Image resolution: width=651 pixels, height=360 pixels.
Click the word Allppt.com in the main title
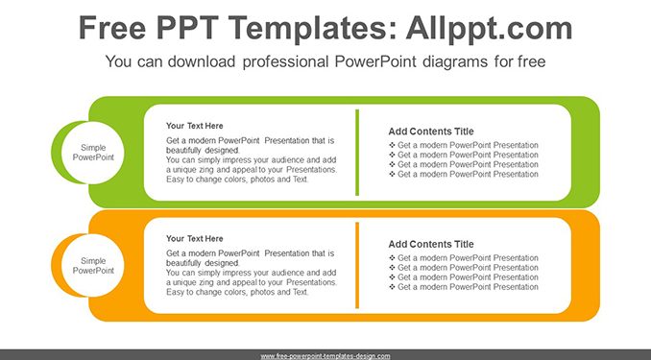point(489,28)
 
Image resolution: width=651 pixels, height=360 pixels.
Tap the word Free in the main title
point(112,28)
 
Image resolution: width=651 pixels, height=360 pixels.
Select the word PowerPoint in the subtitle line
point(374,61)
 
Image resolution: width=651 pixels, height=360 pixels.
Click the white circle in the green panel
point(92,153)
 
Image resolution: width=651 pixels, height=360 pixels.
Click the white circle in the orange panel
point(92,265)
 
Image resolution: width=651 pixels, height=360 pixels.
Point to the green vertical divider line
point(357,153)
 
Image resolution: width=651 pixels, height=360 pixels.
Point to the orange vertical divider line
point(357,265)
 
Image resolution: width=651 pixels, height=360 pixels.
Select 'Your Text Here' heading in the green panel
point(194,126)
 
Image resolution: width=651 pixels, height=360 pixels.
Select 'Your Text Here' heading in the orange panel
point(194,239)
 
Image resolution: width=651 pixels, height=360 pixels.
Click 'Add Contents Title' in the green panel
point(431,132)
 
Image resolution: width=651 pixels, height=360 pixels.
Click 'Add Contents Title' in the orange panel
point(431,244)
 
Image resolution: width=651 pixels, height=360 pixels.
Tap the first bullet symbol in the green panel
point(392,145)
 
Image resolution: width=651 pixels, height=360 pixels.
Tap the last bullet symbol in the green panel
point(392,174)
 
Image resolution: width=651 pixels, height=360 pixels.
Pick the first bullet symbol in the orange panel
point(392,258)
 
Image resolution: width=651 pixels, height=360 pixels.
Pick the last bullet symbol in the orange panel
point(392,287)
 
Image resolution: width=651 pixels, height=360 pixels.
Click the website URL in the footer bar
point(325,356)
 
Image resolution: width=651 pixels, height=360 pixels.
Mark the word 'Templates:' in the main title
point(307,28)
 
